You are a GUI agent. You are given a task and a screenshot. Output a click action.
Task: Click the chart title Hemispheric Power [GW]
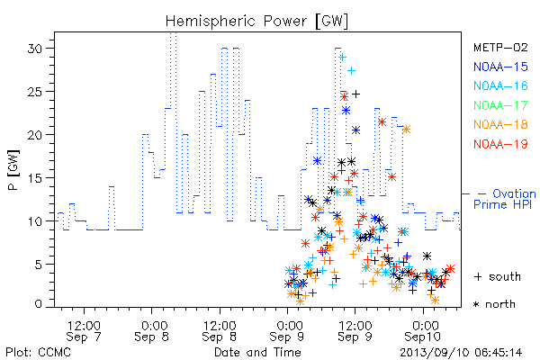(x=256, y=21)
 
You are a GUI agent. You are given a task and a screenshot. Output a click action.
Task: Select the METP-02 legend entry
(x=500, y=47)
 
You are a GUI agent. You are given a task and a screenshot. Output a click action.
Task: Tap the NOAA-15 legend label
(x=500, y=67)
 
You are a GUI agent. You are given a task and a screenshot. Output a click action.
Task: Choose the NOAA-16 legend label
(x=500, y=85)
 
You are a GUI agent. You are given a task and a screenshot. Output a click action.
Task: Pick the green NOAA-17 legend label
(x=500, y=105)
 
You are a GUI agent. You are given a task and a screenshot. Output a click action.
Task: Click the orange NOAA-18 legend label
(x=500, y=124)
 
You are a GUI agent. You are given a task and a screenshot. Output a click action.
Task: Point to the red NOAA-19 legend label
(x=500, y=144)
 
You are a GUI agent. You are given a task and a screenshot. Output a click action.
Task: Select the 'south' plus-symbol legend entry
(x=498, y=276)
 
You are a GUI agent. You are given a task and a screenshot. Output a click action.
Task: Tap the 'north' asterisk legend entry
(x=494, y=304)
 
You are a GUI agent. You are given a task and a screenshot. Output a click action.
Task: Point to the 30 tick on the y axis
(x=35, y=49)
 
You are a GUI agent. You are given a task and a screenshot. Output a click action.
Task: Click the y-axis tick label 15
(x=35, y=178)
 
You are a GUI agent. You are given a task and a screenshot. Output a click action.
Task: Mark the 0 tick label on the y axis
(x=39, y=304)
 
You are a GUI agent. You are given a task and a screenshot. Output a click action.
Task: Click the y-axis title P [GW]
(x=13, y=170)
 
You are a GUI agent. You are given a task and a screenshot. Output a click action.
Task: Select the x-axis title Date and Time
(x=257, y=353)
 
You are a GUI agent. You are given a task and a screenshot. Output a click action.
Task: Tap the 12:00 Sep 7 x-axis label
(x=84, y=331)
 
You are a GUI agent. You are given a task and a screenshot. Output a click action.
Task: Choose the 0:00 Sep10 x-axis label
(x=423, y=331)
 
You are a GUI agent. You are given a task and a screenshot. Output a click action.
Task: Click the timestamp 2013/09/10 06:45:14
(x=461, y=353)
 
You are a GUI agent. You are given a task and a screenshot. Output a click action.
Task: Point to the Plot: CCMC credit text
(x=38, y=353)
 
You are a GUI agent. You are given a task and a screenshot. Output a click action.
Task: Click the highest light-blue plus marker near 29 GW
(x=342, y=58)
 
